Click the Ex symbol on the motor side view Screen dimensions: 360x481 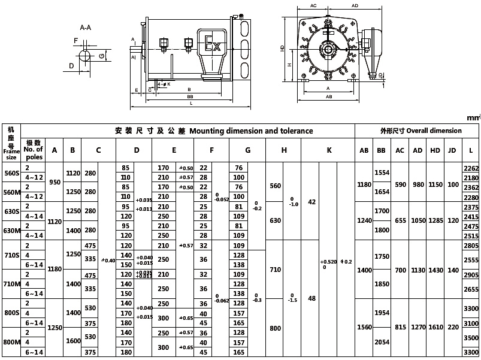[213, 46]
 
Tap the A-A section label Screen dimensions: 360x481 [86, 28]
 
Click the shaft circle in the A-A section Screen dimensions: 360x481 [83, 56]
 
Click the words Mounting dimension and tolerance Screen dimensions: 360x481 [251, 131]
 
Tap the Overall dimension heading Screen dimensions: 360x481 [421, 131]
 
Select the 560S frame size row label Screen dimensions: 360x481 [11, 173]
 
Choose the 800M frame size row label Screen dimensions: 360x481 [11, 342]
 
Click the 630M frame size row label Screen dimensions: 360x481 [11, 231]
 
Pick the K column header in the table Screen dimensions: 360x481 [329, 150]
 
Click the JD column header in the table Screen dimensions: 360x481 [452, 150]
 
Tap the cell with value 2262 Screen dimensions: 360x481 [471, 168]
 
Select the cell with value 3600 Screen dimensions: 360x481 [471, 352]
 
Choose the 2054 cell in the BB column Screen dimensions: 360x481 [382, 342]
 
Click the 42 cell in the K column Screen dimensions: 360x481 [311, 202]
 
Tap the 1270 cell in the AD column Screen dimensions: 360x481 [418, 328]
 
